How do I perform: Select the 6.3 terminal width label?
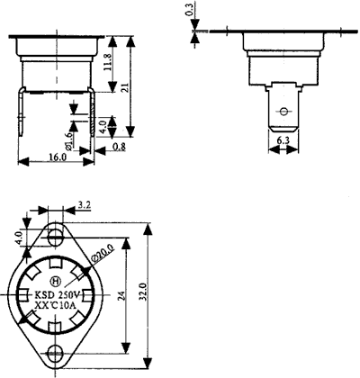pyautogui.click(x=282, y=139)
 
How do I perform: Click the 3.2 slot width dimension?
pyautogui.click(x=84, y=206)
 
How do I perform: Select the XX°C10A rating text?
pyautogui.click(x=56, y=308)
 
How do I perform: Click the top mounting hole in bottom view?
pyautogui.click(x=56, y=236)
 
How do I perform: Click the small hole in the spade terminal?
pyautogui.click(x=282, y=112)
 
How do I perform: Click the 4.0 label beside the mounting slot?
pyautogui.click(x=19, y=239)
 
